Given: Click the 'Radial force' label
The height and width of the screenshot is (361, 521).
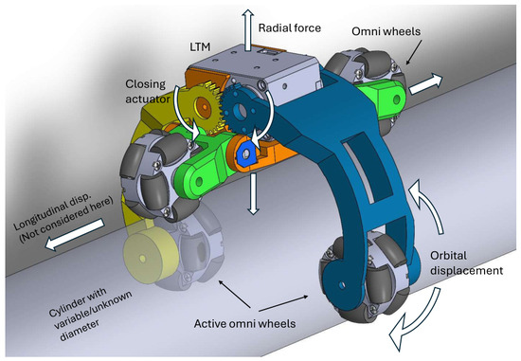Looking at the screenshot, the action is coord(290,27).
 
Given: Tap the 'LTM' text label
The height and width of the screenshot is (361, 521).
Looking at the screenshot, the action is coord(200,46).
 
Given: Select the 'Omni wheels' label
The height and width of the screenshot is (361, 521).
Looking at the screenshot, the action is coord(386,31).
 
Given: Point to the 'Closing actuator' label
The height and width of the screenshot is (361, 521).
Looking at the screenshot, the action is coord(148,91).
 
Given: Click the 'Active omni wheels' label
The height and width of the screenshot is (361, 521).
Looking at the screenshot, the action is coord(245,323).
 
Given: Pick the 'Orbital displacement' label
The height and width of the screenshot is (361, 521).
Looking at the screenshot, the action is coord(466,263).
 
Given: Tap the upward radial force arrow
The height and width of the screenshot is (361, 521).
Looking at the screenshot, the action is coord(247,30).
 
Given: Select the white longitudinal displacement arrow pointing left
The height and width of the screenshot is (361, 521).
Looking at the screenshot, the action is coord(75,235).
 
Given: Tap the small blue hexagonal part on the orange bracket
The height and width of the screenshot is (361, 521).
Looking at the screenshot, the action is coord(246,153).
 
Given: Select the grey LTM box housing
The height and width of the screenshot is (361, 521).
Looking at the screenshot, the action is coord(253,68).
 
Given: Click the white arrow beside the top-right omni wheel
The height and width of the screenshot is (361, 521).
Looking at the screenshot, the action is coord(425,84).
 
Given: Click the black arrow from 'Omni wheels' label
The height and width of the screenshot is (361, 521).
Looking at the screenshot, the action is coord(414,51).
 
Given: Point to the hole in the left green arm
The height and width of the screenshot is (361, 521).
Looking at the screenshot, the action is coord(199,182).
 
